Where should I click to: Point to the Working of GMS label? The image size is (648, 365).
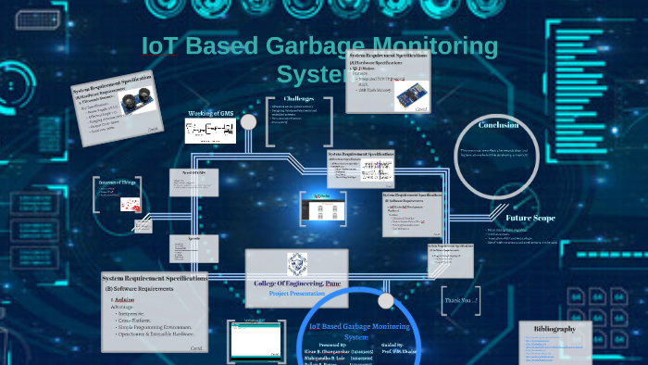click(211, 113)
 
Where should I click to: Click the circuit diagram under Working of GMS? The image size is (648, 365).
click(212, 131)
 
